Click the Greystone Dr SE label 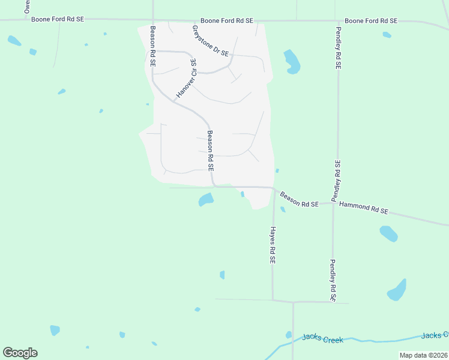(211, 41)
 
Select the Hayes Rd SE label (272, 245)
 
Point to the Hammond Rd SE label (364, 208)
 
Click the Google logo (20, 353)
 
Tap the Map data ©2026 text (423, 355)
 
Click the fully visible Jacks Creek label (323, 339)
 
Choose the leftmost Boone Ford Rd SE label (59, 19)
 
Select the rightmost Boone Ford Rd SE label (372, 20)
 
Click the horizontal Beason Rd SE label (298, 200)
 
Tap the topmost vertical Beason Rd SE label (154, 46)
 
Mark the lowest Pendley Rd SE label (332, 280)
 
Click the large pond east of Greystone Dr (292, 62)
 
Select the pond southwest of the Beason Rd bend (206, 199)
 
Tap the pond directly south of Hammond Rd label (388, 233)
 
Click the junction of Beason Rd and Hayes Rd (274, 189)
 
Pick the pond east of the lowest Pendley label (397, 290)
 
